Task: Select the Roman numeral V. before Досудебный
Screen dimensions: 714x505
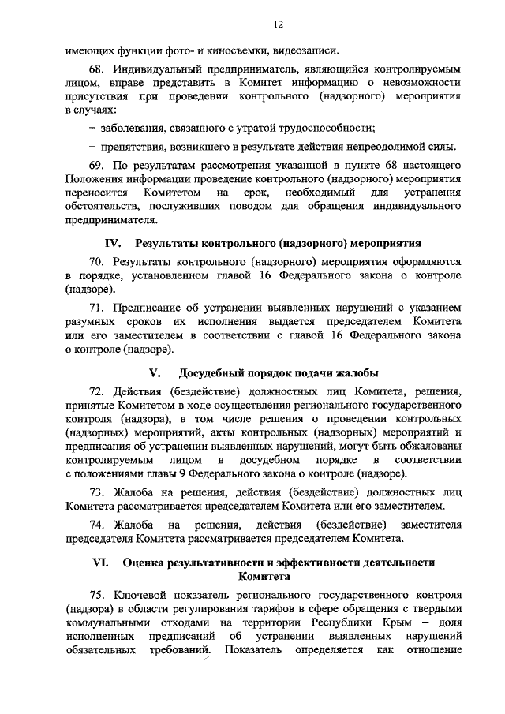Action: (x=155, y=373)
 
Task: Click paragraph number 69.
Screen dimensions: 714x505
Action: (x=97, y=167)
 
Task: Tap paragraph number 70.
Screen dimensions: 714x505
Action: (x=97, y=261)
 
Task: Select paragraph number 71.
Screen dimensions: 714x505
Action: (x=97, y=308)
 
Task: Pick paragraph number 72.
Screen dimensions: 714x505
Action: (x=97, y=391)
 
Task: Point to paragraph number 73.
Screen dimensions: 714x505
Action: (x=97, y=492)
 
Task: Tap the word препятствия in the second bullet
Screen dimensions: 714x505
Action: (x=132, y=148)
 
